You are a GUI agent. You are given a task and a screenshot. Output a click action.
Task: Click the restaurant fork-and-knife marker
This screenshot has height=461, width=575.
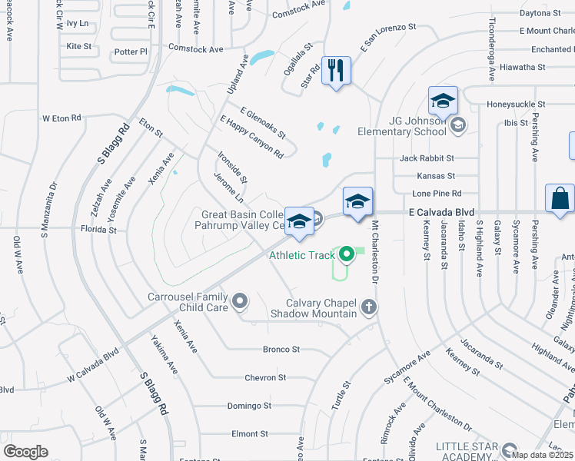click(335, 71)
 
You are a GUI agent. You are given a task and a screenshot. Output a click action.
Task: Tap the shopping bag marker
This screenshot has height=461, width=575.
click(560, 198)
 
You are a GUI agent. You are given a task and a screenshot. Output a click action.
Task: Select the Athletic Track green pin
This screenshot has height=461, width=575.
click(347, 253)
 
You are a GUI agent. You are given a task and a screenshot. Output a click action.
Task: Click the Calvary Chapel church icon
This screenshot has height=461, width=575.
click(369, 307)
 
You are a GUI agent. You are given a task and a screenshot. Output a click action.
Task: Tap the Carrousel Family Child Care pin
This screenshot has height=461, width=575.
click(241, 301)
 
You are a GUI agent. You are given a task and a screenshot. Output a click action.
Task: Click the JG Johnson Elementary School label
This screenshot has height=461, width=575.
click(401, 125)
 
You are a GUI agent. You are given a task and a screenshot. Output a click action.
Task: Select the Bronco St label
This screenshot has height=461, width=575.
click(281, 350)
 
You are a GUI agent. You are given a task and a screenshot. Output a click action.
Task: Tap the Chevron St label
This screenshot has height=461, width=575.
click(265, 377)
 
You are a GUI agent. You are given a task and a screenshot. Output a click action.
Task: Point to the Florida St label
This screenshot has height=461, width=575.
click(98, 229)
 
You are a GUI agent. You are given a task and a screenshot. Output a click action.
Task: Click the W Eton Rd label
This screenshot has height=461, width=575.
click(61, 118)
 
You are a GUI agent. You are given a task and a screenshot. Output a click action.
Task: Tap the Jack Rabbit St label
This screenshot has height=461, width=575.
click(427, 158)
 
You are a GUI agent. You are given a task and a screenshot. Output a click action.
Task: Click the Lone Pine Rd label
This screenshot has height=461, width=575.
click(437, 194)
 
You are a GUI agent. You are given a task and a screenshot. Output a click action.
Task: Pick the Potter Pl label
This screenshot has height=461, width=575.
click(130, 51)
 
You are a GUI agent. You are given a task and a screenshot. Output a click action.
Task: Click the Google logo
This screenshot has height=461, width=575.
click(25, 452)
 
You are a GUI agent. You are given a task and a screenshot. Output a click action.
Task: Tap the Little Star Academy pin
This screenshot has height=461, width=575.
click(509, 450)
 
